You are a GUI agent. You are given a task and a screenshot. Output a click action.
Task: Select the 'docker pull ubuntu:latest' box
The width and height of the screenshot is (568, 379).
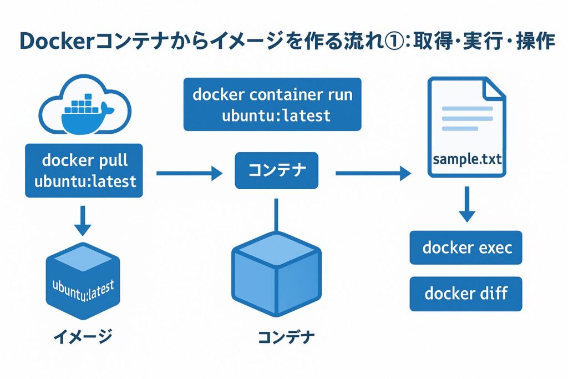84,171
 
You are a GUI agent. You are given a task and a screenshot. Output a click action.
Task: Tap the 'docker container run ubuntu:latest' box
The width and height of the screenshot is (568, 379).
272,104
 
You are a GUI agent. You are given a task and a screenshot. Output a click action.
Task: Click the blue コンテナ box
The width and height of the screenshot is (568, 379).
277,170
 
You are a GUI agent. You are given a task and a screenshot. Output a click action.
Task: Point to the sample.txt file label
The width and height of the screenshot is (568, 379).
467,160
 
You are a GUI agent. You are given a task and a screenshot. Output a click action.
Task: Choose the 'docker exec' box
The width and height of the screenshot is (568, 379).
466,247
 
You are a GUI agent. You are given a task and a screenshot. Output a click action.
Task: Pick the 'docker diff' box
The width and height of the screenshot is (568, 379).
466,293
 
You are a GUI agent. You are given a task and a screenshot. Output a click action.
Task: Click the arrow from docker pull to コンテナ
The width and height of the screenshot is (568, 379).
189,174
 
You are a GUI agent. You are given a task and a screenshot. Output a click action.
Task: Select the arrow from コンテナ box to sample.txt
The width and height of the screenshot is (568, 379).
372,174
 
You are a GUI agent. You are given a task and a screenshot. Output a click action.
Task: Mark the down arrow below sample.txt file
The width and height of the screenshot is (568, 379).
467,204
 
